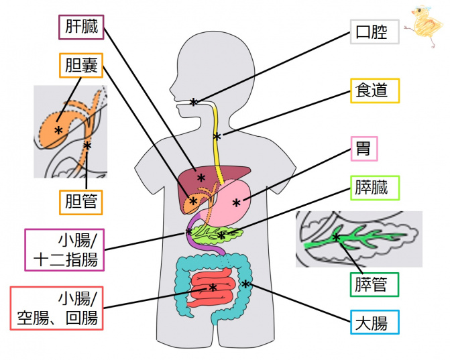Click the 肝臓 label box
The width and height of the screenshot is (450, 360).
coord(81,28)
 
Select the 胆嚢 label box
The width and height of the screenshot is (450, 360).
coord(80,66)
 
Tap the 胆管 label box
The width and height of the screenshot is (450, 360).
coord(80,201)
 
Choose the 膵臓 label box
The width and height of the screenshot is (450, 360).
coord(374,187)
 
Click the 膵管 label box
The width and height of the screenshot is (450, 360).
coord(374,284)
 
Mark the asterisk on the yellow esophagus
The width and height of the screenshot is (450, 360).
coord(217,137)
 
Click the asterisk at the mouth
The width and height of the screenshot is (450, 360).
coord(193,102)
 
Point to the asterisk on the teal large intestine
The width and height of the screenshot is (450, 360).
coord(246,284)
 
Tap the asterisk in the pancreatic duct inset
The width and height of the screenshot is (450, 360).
coord(336,237)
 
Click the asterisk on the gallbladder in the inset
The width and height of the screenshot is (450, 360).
coord(59,129)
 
